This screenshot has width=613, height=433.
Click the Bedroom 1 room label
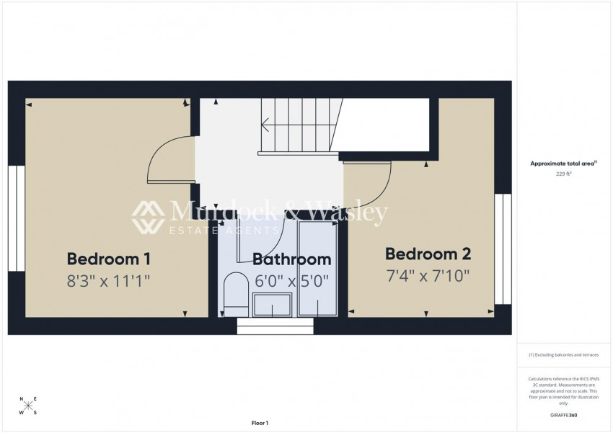[x=109, y=259]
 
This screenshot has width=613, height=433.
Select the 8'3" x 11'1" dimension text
[x=109, y=280]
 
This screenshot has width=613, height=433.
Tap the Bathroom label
[x=291, y=259]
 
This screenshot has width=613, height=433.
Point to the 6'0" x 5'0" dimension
[x=291, y=280]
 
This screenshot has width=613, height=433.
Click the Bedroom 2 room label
[x=428, y=254]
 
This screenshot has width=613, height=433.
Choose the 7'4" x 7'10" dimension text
[x=428, y=275]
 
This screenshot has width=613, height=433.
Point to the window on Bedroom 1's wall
[x=16, y=218]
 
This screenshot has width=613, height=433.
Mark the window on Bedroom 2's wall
[x=503, y=248]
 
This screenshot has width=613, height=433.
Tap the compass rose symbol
[x=28, y=406]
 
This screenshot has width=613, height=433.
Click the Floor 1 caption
[x=260, y=423]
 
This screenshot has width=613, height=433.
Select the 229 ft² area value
[x=563, y=174]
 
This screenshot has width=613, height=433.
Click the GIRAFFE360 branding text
[x=563, y=415]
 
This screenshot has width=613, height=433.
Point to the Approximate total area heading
[x=563, y=164]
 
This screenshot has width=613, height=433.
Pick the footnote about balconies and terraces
[x=563, y=354]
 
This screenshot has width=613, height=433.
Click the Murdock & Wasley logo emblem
[x=148, y=216]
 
